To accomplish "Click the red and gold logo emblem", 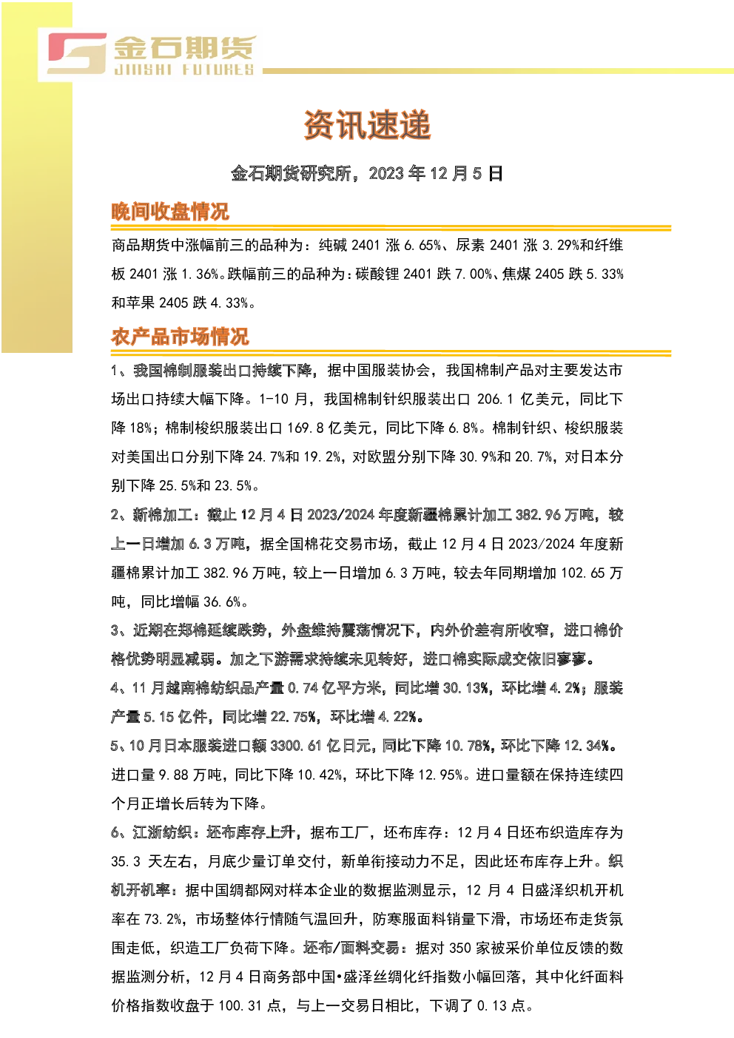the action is tap(78, 53).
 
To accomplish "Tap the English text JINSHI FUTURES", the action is tap(184, 70).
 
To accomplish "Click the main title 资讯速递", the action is tap(367, 124).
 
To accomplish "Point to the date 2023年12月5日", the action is tap(436, 173).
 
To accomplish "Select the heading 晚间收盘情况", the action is tap(170, 212).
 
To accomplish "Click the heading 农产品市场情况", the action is tap(180, 337).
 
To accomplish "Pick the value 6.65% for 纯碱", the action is tap(422, 245).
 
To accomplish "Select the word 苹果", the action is tap(140, 303).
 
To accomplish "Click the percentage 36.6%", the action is tap(222, 602).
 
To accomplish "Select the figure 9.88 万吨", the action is tap(190, 775).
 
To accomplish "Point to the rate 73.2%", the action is tap(163, 920).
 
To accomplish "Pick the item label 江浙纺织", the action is tap(162, 833).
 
